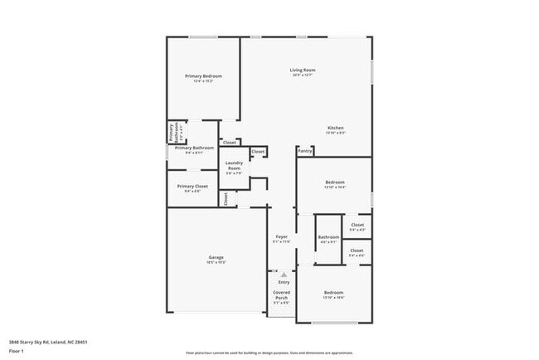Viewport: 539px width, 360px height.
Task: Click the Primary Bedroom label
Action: point(203,75)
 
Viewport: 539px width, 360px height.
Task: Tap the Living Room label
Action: point(302,70)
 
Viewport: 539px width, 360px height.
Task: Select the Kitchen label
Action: point(334,128)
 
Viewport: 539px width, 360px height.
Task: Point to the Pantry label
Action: point(305,151)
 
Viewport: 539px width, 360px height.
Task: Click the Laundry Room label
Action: point(234,166)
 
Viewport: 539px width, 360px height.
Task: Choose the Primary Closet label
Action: point(192,186)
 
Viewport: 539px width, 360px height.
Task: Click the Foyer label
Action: point(281,237)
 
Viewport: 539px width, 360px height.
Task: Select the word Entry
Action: point(284,283)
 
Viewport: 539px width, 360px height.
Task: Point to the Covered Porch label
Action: point(281,294)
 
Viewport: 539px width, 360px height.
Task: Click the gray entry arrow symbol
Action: point(283,274)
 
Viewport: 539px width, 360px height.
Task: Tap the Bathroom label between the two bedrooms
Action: point(328,237)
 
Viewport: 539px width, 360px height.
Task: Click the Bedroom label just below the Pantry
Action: point(334,182)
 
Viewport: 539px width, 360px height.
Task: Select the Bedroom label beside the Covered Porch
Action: point(333,292)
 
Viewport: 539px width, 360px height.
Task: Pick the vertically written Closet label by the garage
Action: point(226,198)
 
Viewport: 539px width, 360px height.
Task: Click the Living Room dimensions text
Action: point(302,75)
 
